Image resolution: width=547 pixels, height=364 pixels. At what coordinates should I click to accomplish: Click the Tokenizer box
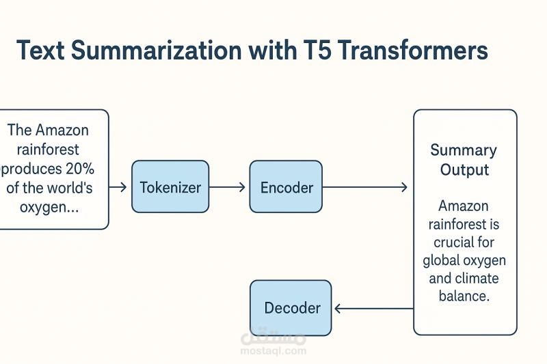170,186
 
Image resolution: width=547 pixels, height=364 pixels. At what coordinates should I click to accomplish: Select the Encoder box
286,186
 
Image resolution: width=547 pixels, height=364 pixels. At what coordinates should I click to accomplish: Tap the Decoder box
291,308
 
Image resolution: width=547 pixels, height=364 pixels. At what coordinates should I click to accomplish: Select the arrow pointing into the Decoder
373,308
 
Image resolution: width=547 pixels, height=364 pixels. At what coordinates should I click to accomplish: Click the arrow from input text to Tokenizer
118,186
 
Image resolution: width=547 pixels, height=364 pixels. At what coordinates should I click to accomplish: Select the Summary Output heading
464,159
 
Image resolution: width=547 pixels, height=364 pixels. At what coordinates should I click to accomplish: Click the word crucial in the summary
464,242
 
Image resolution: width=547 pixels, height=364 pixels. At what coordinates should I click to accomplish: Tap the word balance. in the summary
464,296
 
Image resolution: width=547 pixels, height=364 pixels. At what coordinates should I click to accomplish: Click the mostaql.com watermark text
273,351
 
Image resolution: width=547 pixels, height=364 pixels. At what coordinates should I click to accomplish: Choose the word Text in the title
43,52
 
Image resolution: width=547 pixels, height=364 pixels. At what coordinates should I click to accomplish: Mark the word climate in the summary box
477,278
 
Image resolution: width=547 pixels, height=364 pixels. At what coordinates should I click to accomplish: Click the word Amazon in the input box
62,130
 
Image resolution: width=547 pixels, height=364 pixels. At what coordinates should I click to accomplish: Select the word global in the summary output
442,260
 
